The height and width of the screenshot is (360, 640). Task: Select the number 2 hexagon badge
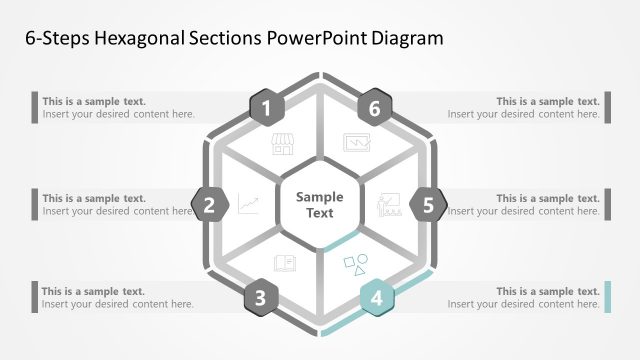pos(209,206)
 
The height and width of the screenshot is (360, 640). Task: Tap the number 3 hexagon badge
pos(261,297)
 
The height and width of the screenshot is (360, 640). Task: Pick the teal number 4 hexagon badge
pos(376,297)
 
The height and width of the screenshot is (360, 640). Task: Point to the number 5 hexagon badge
pos(428,206)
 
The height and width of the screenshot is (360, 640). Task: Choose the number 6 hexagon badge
pos(374,108)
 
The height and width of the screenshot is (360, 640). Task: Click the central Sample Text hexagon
pos(320,205)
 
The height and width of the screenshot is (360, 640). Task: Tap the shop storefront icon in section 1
pos(283,144)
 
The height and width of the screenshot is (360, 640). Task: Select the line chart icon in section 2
pos(248,206)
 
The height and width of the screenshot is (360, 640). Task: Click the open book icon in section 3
pos(284,264)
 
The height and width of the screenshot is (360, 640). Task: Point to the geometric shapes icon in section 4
pos(356,265)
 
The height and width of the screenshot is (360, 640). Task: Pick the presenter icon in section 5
pos(389,206)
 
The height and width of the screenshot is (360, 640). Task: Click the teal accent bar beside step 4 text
pos(606,297)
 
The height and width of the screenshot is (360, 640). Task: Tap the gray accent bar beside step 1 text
pos(35,108)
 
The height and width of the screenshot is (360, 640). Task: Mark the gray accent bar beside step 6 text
pos(606,108)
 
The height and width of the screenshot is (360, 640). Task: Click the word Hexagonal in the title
pos(144,39)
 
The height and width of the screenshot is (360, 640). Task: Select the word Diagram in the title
pos(405,39)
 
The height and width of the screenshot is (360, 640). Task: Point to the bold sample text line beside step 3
pos(94,291)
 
